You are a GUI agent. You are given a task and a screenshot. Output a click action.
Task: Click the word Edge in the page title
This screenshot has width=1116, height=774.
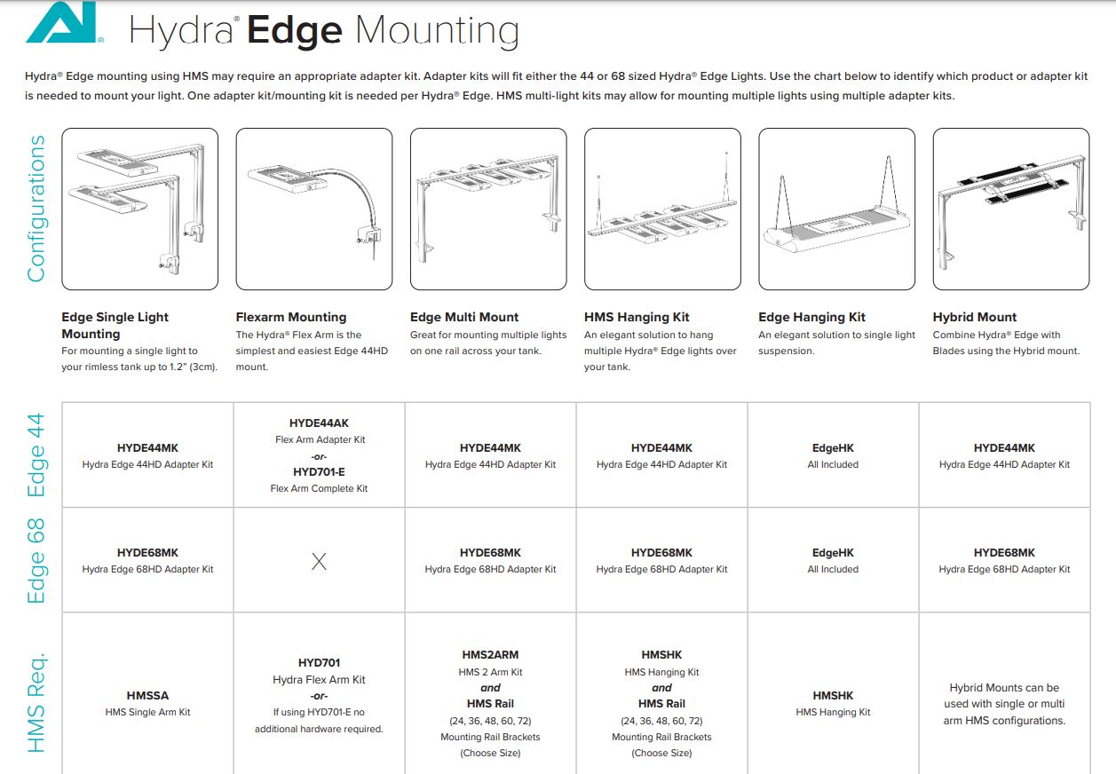pyautogui.click(x=294, y=31)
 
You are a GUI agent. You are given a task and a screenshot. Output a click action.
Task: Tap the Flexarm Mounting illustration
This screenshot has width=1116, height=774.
pyautogui.click(x=313, y=209)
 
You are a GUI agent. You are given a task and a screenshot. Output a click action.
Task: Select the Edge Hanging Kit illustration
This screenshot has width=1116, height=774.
pyautogui.click(x=836, y=209)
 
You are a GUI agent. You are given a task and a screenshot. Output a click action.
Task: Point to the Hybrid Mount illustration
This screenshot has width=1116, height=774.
pyautogui.click(x=1010, y=209)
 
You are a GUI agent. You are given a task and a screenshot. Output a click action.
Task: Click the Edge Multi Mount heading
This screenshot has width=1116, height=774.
pyautogui.click(x=463, y=317)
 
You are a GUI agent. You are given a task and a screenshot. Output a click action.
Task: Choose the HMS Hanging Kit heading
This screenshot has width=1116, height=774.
pyautogui.click(x=637, y=317)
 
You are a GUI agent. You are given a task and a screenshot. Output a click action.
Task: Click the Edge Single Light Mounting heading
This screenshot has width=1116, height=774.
pyautogui.click(x=115, y=325)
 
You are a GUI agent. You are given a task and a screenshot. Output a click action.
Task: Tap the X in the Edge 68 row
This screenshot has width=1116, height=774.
pyautogui.click(x=319, y=561)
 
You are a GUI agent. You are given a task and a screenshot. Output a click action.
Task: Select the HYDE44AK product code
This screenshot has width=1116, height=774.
pyautogui.click(x=319, y=423)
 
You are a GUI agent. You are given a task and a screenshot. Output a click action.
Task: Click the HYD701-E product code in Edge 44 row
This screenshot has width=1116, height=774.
pyautogui.click(x=319, y=472)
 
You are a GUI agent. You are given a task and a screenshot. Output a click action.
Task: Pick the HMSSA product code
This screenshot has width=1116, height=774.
pyautogui.click(x=147, y=696)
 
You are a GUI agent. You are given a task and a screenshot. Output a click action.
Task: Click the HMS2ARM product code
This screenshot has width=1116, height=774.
pyautogui.click(x=490, y=655)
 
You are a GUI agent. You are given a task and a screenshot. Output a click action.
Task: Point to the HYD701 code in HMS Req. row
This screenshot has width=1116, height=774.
pyautogui.click(x=319, y=662)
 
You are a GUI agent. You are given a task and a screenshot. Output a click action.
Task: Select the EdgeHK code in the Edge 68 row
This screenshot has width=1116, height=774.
pyautogui.click(x=833, y=553)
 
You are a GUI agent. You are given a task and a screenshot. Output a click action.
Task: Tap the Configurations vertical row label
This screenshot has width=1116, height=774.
pyautogui.click(x=36, y=209)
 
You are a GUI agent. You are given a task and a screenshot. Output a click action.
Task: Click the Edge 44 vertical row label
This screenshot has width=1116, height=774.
pyautogui.click(x=36, y=455)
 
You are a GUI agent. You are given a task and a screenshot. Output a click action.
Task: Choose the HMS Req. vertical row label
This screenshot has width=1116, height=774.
pyautogui.click(x=36, y=704)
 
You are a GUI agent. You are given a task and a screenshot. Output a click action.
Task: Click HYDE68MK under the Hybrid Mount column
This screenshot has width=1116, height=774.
pyautogui.click(x=1004, y=553)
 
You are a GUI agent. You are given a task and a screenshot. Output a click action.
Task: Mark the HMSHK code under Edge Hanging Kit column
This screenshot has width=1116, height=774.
pyautogui.click(x=833, y=696)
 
